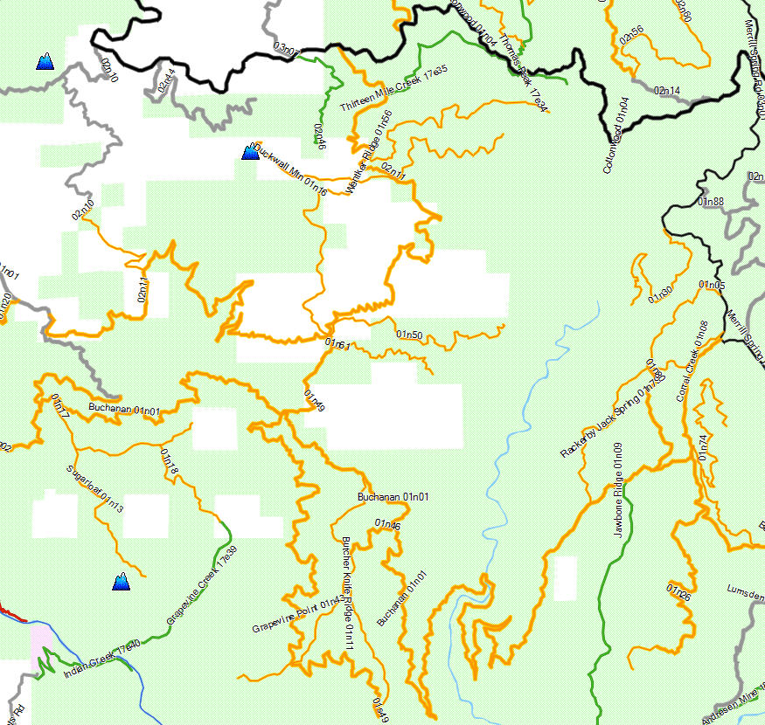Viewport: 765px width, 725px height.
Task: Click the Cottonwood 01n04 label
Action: [x=616, y=135]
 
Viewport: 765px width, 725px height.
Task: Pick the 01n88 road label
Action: [x=712, y=202]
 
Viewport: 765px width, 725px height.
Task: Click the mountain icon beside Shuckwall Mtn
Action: [x=250, y=153]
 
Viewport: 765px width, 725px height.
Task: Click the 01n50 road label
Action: [x=409, y=335]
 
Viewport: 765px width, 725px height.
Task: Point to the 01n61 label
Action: [x=337, y=345]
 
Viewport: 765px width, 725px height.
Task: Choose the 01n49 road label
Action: [x=315, y=399]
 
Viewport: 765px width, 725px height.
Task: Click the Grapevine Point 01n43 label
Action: [x=296, y=615]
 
